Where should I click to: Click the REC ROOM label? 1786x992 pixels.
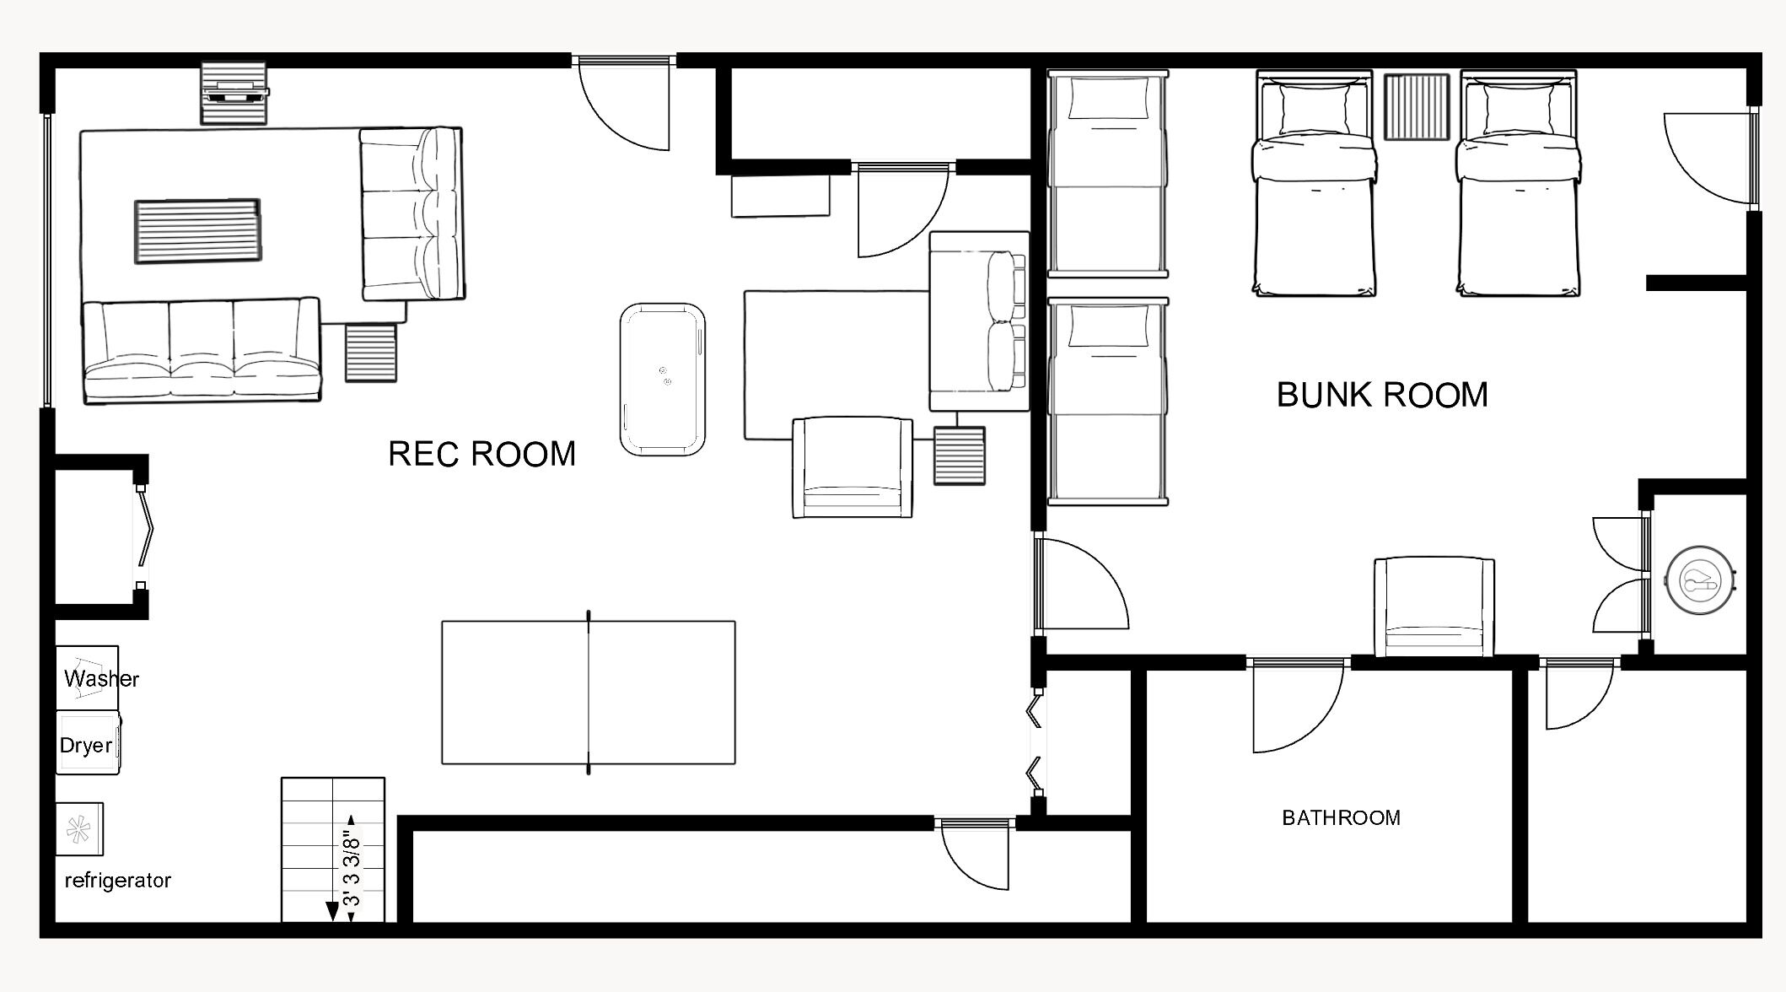point(481,454)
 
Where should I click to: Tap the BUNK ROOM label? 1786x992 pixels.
point(1382,395)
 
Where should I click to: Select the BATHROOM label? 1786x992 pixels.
point(1341,817)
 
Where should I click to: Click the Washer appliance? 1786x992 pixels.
point(88,678)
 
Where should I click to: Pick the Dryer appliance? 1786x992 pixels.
point(89,742)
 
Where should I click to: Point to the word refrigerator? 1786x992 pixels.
point(118,880)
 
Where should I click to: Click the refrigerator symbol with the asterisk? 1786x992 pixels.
point(79,829)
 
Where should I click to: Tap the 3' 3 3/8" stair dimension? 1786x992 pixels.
point(352,859)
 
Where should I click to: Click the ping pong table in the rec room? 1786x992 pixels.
point(589,693)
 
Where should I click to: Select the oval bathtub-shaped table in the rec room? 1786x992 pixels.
point(663,380)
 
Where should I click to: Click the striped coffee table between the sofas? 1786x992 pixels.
point(197,231)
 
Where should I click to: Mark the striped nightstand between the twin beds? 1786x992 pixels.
point(1417,107)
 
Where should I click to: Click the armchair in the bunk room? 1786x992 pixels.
point(1434,607)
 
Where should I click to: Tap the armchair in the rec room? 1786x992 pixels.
point(853,466)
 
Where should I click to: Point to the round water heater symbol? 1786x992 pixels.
point(1700,580)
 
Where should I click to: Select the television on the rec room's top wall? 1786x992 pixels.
point(234,92)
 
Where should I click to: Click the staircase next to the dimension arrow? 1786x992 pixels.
point(333,849)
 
